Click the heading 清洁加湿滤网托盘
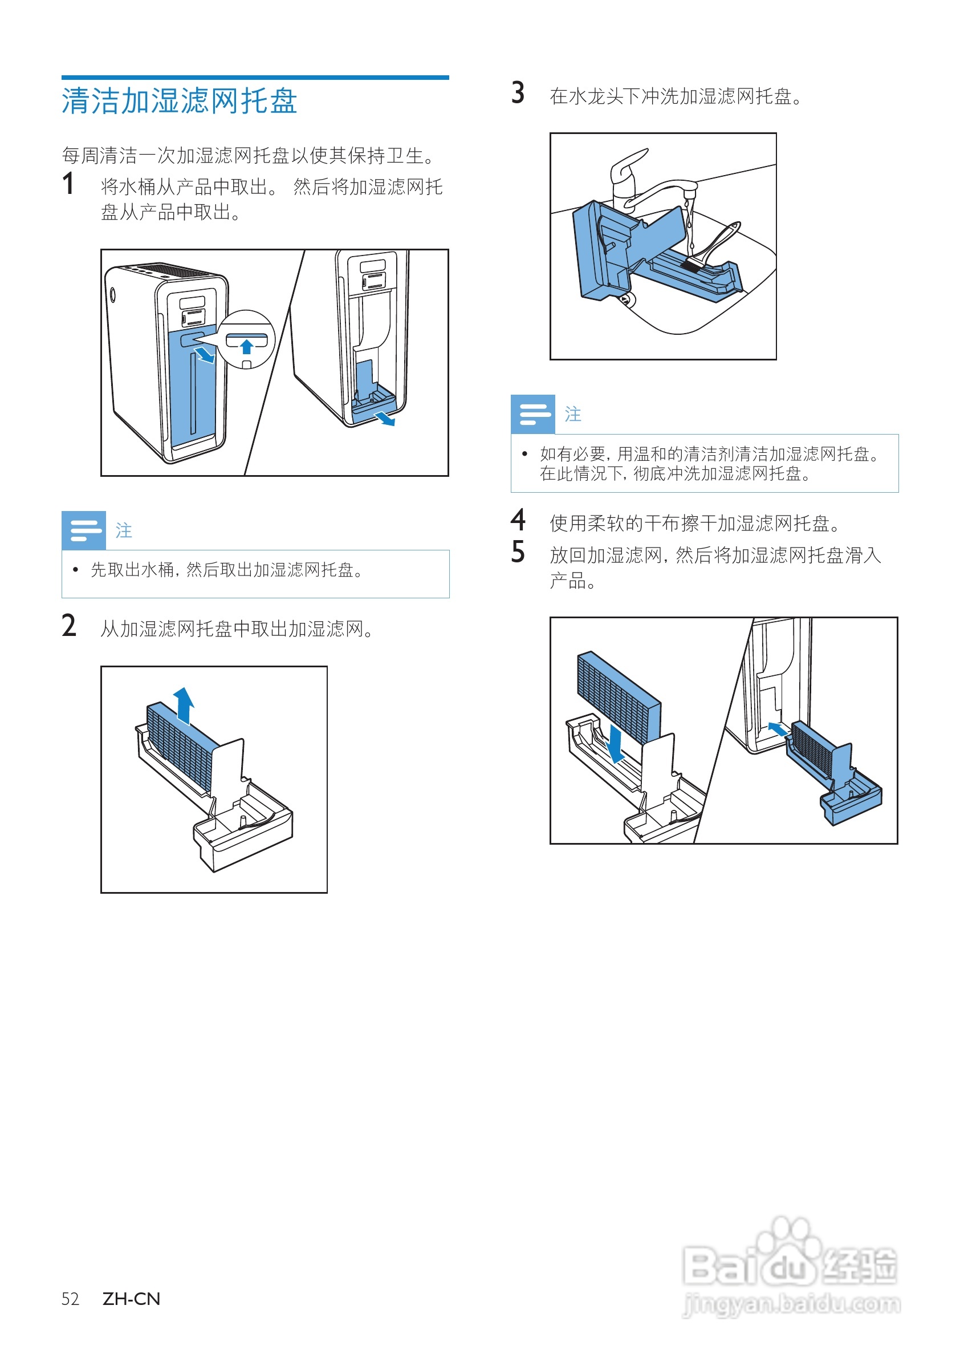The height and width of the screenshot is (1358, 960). [179, 101]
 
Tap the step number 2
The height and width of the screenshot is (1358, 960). [68, 626]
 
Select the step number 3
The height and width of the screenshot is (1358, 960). [518, 94]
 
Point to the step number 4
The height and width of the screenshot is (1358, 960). [518, 521]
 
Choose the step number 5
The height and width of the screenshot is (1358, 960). [518, 553]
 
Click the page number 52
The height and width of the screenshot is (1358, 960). [70, 1299]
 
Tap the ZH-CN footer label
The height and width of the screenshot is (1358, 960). [131, 1299]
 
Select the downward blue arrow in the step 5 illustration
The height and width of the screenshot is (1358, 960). [615, 745]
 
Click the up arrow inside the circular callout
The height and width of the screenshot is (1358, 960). [246, 347]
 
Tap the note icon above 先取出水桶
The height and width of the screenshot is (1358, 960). [84, 530]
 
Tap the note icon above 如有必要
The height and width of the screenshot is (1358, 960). [532, 414]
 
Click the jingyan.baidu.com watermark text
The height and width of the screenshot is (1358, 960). [792, 1304]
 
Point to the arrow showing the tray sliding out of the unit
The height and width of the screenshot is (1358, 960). [385, 419]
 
